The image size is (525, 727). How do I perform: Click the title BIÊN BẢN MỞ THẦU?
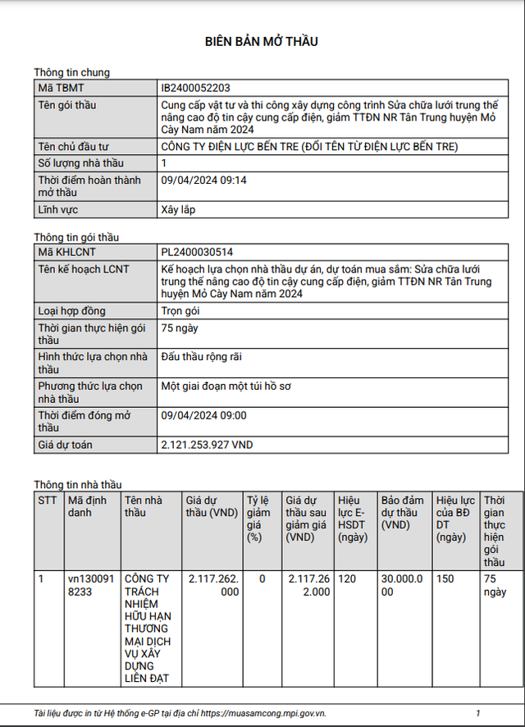(x=262, y=41)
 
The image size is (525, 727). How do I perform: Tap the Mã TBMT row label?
(x=61, y=88)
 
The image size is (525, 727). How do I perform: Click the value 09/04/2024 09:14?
(x=204, y=180)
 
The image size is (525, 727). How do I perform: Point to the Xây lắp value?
(x=178, y=209)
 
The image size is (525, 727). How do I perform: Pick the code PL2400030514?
(x=203, y=252)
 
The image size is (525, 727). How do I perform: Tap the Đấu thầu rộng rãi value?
(x=202, y=356)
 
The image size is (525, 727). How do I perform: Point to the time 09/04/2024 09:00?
(x=204, y=415)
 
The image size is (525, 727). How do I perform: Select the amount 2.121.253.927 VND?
(x=207, y=444)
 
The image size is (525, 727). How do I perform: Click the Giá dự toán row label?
(x=66, y=445)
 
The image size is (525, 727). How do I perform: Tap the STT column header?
(x=48, y=500)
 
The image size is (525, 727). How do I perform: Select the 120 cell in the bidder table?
(x=347, y=578)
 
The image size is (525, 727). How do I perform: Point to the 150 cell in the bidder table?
(x=445, y=578)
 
